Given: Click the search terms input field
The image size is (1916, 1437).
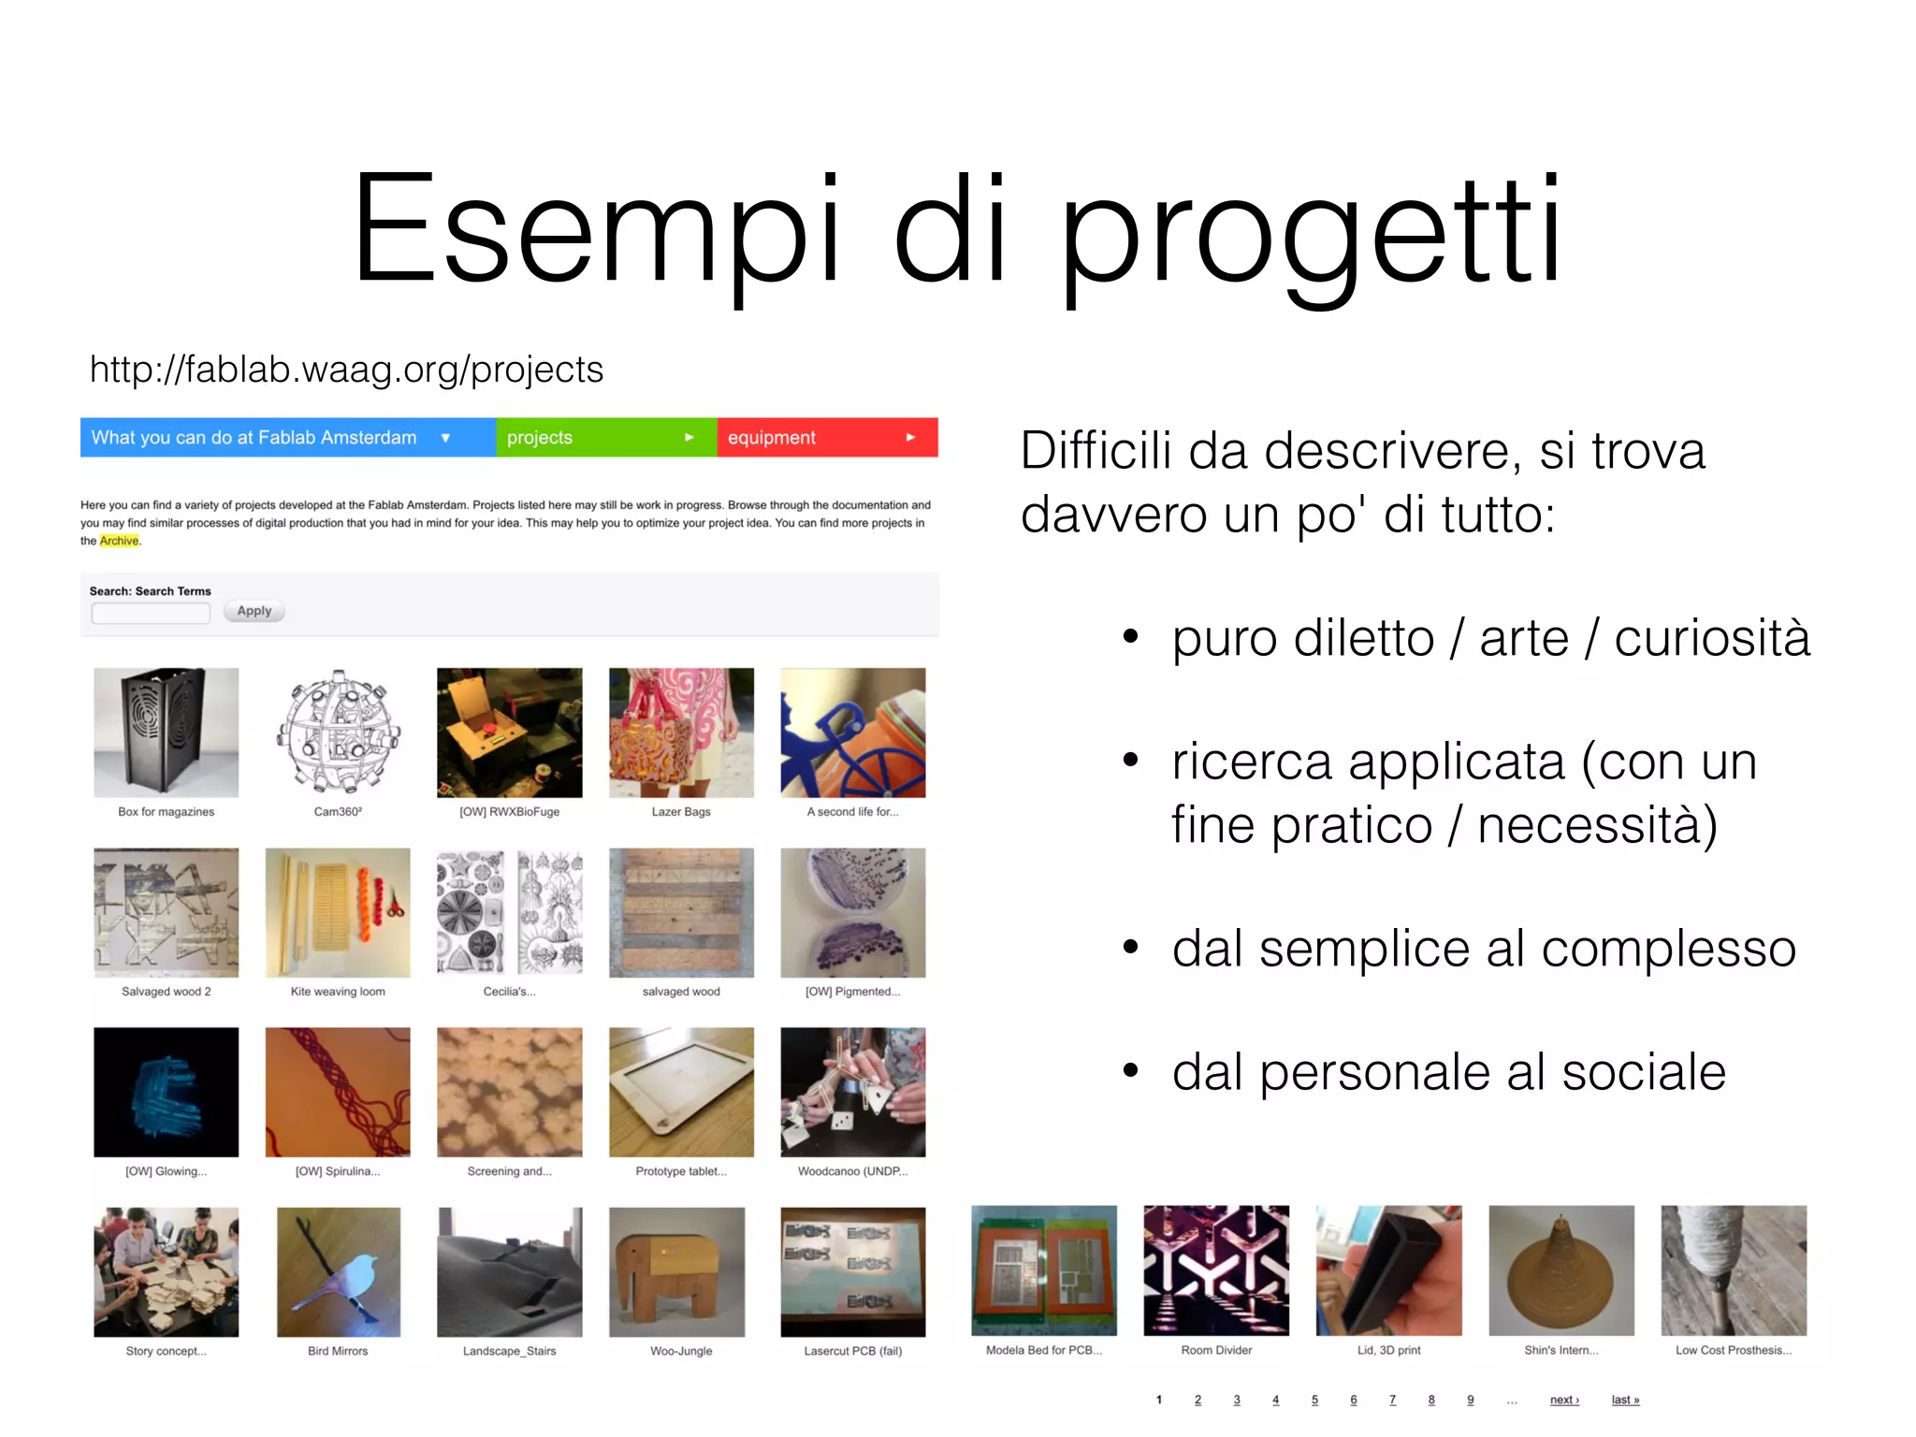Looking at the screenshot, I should click(151, 613).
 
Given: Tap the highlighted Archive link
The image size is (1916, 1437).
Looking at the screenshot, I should click(119, 541).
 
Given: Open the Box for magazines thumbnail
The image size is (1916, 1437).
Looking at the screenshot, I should click(167, 732).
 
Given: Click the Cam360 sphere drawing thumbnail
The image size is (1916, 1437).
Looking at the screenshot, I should click(338, 732).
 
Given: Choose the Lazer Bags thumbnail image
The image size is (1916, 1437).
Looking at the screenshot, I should click(681, 732).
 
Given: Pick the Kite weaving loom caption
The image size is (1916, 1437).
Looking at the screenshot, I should click(338, 992).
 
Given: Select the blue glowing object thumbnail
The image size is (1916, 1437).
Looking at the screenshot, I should click(167, 1092).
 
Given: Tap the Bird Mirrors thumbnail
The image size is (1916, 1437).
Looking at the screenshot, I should click(338, 1271).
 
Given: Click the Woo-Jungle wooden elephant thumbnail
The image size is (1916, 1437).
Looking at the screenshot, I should click(677, 1271).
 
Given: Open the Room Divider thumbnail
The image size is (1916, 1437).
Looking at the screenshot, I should click(1216, 1270).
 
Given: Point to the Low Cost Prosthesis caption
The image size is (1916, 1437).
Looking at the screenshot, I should click(1734, 1350).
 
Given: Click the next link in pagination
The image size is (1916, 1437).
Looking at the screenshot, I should click(1564, 1400).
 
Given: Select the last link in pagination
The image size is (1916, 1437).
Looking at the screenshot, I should click(1625, 1400).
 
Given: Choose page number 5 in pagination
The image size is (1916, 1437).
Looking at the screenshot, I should click(1314, 1400).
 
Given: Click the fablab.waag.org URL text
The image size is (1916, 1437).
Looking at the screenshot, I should click(346, 370).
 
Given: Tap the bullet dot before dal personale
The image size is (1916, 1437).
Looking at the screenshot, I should click(1131, 1071).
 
